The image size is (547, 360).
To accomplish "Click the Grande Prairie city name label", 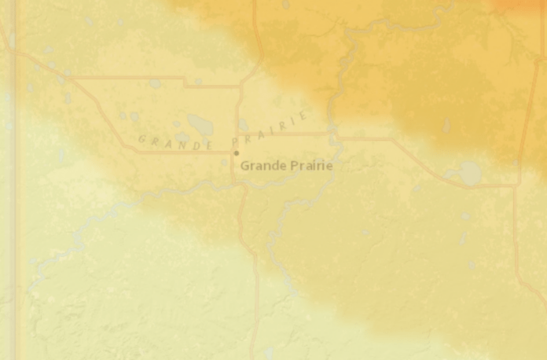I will pyautogui.click(x=286, y=166).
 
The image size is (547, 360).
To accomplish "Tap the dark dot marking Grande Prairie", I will pyautogui.click(x=237, y=152).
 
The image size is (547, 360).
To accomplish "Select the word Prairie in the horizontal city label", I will pyautogui.click(x=307, y=166).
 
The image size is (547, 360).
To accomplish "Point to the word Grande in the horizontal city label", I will pyautogui.click(x=261, y=166).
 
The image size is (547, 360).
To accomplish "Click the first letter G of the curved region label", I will pyautogui.click(x=142, y=139).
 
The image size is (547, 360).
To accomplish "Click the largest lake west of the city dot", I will pyautogui.click(x=200, y=124).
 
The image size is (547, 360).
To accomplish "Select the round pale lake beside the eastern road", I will pyautogui.click(x=470, y=173).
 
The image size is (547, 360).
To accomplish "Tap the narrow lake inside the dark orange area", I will pyautogui.click(x=446, y=126).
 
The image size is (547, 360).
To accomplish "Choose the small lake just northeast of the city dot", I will pyautogui.click(x=244, y=125).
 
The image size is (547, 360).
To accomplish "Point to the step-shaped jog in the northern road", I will pyautogui.click(x=185, y=81).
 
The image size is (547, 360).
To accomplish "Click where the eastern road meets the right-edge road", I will pyautogui.click(x=516, y=185).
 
